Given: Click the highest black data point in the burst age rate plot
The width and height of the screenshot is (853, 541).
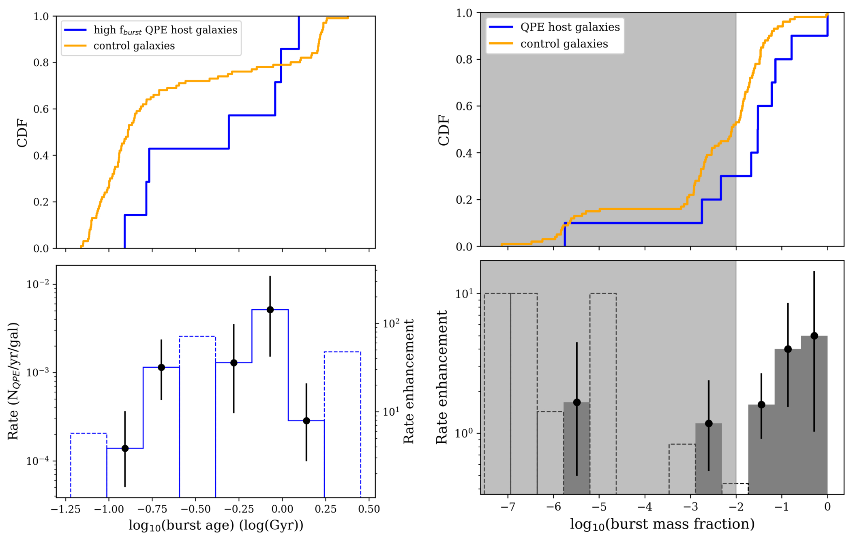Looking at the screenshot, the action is (x=270, y=310).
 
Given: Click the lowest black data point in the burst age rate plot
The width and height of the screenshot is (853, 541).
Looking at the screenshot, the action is (x=125, y=448).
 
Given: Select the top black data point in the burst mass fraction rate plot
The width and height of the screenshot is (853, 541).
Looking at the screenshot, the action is (x=814, y=336).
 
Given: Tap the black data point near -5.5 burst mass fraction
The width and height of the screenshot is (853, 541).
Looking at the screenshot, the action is (x=577, y=402).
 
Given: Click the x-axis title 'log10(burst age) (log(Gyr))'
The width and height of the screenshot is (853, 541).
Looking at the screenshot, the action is (x=216, y=525).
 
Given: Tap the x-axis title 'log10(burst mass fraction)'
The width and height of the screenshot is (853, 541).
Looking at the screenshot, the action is (x=662, y=524).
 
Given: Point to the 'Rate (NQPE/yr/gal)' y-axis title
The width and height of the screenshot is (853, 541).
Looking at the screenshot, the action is (x=13, y=381).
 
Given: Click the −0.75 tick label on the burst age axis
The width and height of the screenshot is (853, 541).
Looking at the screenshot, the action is (x=152, y=509).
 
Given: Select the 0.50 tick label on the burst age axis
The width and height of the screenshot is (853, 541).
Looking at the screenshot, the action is (x=369, y=509).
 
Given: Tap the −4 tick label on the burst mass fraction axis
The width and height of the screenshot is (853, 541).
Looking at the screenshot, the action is (x=645, y=507).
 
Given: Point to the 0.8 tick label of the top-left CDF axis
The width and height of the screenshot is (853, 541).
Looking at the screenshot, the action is (x=41, y=63).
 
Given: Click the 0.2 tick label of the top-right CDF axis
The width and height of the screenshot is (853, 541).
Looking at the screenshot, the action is (x=464, y=200).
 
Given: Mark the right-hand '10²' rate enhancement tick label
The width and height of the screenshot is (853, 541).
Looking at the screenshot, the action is (x=391, y=323).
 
